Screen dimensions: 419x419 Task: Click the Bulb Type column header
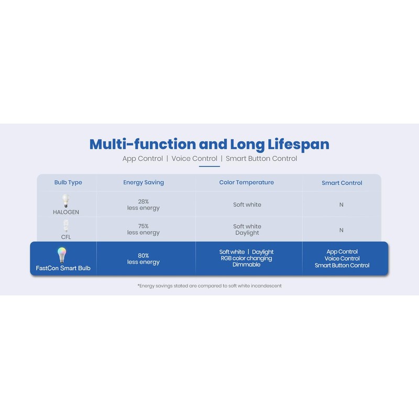pyautogui.click(x=68, y=182)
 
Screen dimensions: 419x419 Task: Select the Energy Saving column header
pyautogui.click(x=144, y=182)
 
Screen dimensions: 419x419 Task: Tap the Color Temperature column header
pyautogui.click(x=246, y=182)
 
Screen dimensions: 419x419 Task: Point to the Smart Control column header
pyautogui.click(x=342, y=183)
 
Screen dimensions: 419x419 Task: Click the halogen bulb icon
pyautogui.click(x=66, y=201)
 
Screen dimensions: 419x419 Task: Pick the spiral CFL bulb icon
pyautogui.click(x=66, y=226)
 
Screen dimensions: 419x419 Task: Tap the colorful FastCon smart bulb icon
pyautogui.click(x=62, y=255)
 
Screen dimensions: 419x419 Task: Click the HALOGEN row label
pyautogui.click(x=66, y=212)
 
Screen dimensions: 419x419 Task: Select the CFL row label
pyautogui.click(x=66, y=237)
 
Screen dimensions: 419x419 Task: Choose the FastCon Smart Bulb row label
pyautogui.click(x=63, y=268)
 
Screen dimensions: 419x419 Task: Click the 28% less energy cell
pyautogui.click(x=143, y=205)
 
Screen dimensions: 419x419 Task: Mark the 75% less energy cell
pyautogui.click(x=143, y=229)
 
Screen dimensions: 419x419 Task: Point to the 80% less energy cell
pyautogui.click(x=143, y=259)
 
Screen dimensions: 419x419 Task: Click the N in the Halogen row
pyautogui.click(x=341, y=205)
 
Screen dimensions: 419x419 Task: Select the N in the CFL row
pyautogui.click(x=341, y=230)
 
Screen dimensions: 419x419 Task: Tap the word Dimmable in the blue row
pyautogui.click(x=246, y=264)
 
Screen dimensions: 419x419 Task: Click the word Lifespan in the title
pyautogui.click(x=298, y=145)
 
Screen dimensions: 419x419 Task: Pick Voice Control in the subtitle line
pyautogui.click(x=194, y=159)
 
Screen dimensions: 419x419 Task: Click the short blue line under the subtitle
pyautogui.click(x=209, y=166)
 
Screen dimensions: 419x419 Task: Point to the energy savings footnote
pyautogui.click(x=210, y=285)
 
